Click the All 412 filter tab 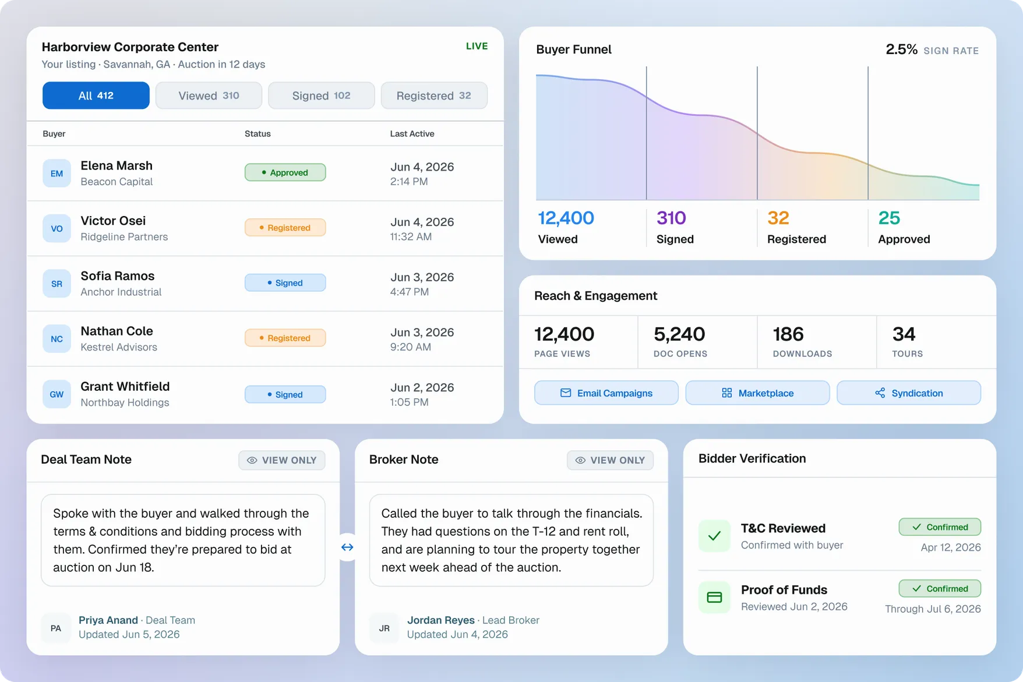click(96, 96)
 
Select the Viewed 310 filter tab click(209, 96)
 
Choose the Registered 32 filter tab click(434, 96)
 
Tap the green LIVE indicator click(477, 46)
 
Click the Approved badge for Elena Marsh click(285, 172)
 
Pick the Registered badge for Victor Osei click(285, 228)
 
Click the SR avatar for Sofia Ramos click(57, 284)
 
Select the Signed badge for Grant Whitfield click(285, 394)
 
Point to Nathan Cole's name click(117, 331)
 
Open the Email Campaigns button click(606, 393)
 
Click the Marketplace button click(757, 393)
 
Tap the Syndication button click(909, 393)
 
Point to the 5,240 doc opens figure click(679, 334)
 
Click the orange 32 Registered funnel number click(778, 218)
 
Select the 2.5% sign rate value click(901, 50)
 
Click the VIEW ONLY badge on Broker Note click(610, 460)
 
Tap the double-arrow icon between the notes click(347, 547)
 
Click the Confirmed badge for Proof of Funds click(940, 589)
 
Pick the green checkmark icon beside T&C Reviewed click(714, 536)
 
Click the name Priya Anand click(108, 620)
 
